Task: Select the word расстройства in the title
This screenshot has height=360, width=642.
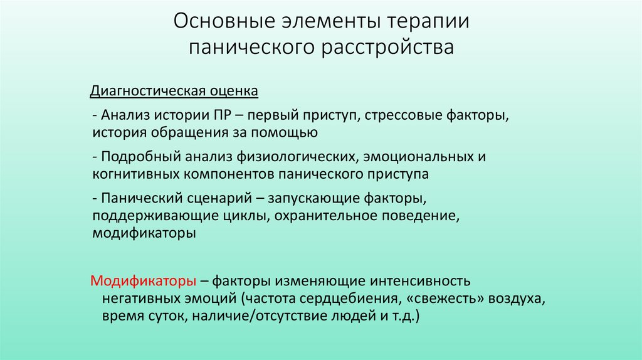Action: pos(389,48)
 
